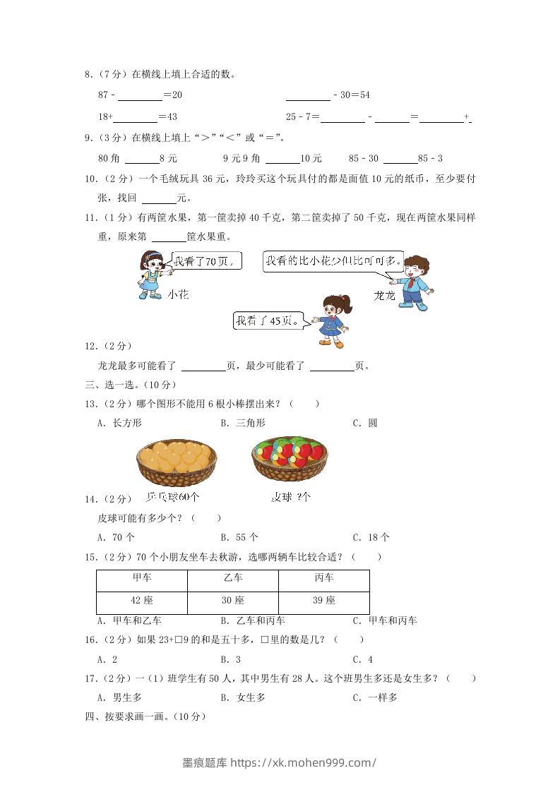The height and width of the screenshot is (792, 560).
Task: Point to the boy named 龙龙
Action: point(414,281)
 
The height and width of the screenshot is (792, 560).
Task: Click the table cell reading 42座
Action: point(142,601)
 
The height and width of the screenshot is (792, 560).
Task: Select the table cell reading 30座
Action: point(233,601)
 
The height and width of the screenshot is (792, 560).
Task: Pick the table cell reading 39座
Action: point(324,601)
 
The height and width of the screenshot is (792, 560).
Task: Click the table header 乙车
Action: point(233,578)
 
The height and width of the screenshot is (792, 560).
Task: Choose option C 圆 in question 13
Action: point(365,423)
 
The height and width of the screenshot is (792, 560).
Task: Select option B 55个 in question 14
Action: point(239,537)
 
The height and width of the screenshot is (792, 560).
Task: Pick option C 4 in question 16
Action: point(363,659)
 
